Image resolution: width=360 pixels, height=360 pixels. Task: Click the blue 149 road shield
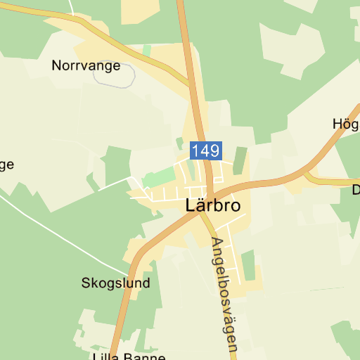[205, 150]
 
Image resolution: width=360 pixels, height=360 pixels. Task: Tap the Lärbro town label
[213, 206]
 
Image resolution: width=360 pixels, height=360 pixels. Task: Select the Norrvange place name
[86, 66]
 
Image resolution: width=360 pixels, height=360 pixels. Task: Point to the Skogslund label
[116, 283]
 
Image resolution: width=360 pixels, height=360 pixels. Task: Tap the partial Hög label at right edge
[346, 124]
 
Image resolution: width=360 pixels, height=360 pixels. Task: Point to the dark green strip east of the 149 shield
[240, 160]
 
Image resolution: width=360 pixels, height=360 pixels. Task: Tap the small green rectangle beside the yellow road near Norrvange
[146, 51]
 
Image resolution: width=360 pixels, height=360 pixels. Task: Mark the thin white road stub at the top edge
[72, 7]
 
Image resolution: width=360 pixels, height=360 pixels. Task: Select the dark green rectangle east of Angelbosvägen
[247, 264]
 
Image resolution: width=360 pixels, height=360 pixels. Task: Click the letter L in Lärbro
[191, 206]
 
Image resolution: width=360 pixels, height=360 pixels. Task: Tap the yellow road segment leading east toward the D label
[330, 181]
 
